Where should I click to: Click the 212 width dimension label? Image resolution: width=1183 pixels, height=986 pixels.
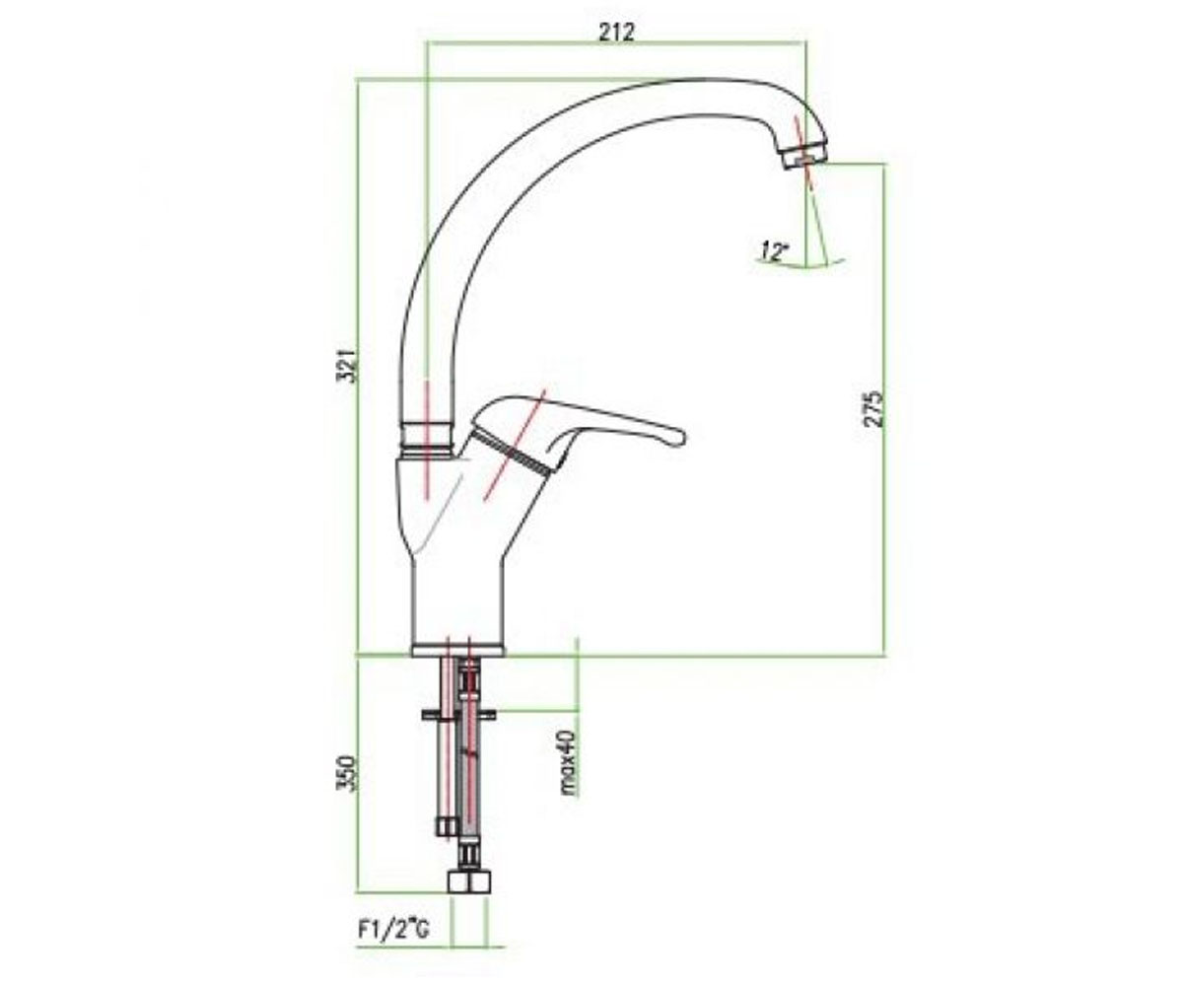pos(617,33)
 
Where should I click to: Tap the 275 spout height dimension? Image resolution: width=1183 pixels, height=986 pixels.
pos(872,407)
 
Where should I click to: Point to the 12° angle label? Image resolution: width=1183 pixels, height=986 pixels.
pos(775,250)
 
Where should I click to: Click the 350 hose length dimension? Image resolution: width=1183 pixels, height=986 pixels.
pos(348,773)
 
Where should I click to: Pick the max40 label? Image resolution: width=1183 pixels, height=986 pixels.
pos(569,762)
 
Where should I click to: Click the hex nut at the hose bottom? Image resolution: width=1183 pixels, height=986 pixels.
pos(469,897)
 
